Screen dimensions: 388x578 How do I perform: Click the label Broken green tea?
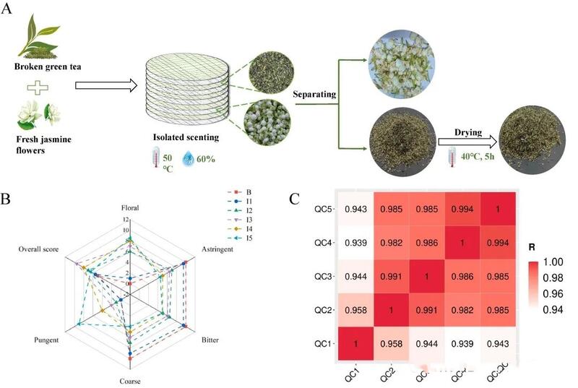click(48, 66)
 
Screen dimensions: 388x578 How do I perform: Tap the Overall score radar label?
click(43, 248)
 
